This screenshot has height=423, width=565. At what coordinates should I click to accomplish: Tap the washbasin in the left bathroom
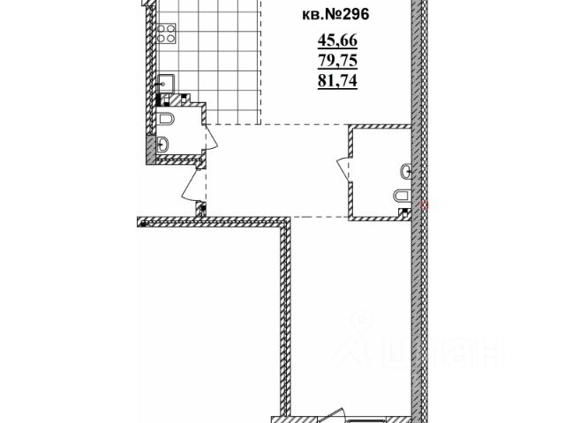(165, 145)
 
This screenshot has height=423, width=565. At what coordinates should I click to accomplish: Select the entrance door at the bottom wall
(334, 412)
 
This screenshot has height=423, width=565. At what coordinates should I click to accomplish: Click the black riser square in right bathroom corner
(405, 211)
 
